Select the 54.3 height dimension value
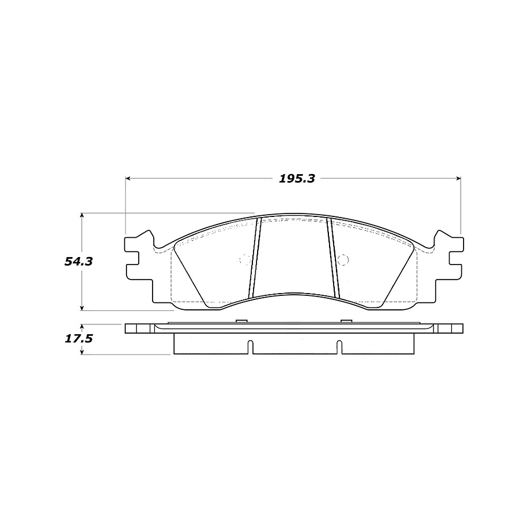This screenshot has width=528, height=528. (x=79, y=261)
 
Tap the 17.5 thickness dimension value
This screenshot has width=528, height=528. (x=79, y=338)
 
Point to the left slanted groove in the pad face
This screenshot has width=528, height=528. (x=255, y=255)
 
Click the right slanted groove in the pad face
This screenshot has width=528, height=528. (x=332, y=255)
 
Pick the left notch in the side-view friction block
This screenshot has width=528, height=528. (x=249, y=346)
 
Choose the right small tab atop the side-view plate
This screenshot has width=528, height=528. (x=346, y=321)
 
